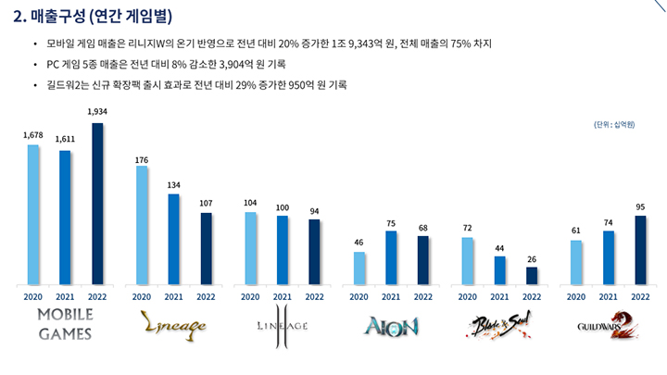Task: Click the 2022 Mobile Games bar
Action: pyautogui.click(x=97, y=204)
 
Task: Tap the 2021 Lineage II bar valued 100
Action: pyautogui.click(x=282, y=250)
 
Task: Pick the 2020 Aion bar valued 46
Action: pyautogui.click(x=359, y=268)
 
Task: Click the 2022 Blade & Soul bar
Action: pyautogui.click(x=532, y=275)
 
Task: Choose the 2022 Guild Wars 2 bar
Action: pyautogui.click(x=640, y=250)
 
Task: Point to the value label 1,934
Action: pyautogui.click(x=97, y=113)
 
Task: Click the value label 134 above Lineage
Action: pyautogui.click(x=173, y=184)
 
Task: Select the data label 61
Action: pyautogui.click(x=576, y=231)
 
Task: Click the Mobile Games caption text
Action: pyautogui.click(x=64, y=325)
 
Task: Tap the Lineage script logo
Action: pyautogui.click(x=173, y=324)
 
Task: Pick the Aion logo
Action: pyautogui.click(x=391, y=325)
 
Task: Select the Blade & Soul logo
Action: pyautogui.click(x=499, y=324)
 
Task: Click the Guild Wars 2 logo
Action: pyautogui.click(x=609, y=324)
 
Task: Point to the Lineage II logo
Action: pyautogui.click(x=282, y=325)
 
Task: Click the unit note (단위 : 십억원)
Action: pyautogui.click(x=614, y=124)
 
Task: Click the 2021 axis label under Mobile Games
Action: pyautogui.click(x=65, y=296)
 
